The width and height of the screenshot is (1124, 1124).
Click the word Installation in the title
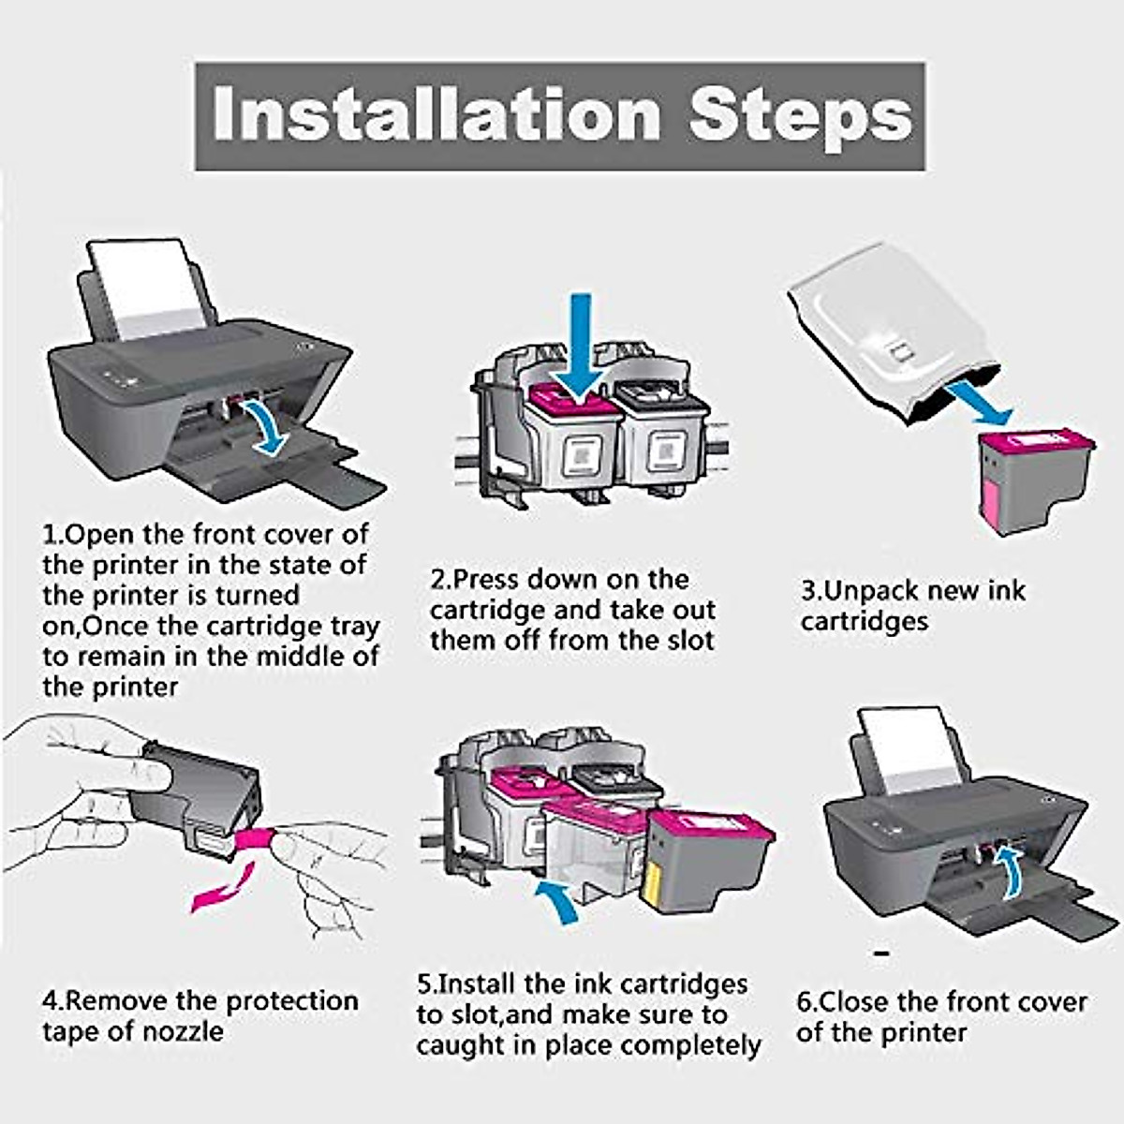tap(436, 114)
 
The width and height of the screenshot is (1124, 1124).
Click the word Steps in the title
tap(800, 114)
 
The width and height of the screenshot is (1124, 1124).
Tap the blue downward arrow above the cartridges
tap(583, 347)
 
